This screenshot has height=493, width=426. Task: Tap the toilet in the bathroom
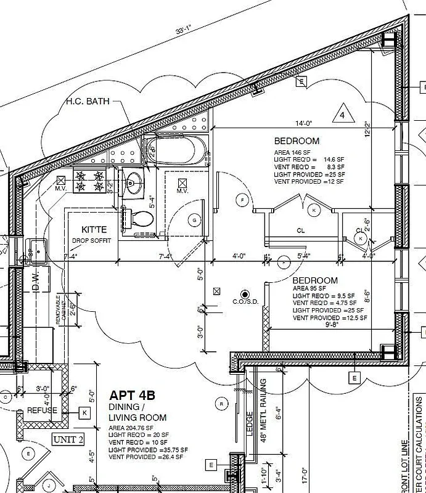[x=140, y=218]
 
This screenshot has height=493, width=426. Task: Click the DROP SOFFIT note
[x=91, y=240]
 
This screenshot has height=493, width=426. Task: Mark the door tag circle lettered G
[x=195, y=220]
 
